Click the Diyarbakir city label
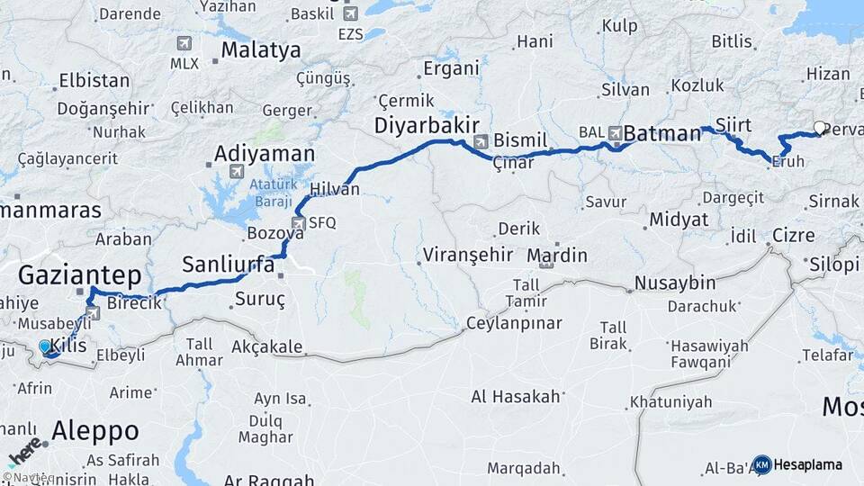(427, 125)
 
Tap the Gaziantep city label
(80, 274)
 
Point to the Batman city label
(661, 133)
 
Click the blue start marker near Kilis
(45, 346)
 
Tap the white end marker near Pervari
(819, 128)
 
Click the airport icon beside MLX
(184, 43)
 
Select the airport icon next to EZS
(350, 13)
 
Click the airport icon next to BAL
(616, 132)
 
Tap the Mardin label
(557, 255)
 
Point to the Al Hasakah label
(516, 395)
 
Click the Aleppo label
(94, 430)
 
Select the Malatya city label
(260, 49)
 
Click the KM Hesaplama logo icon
(762, 464)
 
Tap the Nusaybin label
(675, 283)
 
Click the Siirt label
(733, 123)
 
